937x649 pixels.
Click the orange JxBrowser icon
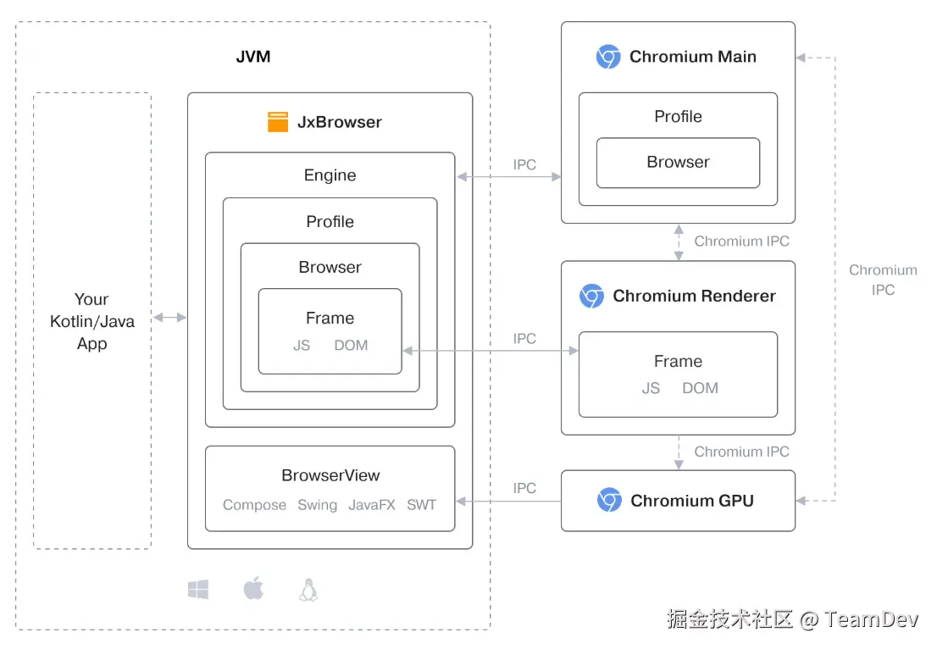coord(278,122)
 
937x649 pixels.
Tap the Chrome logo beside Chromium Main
coord(608,57)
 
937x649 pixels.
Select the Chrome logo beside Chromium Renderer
coord(591,296)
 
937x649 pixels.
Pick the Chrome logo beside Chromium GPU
coord(609,501)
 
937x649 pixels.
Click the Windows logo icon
coord(198,590)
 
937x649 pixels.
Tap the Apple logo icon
coord(253,589)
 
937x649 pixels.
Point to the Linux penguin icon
coord(308,590)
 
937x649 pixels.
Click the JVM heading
coord(252,58)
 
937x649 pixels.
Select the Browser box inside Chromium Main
coord(678,163)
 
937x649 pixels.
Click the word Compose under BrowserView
coord(254,505)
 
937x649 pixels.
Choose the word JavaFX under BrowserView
coord(372,505)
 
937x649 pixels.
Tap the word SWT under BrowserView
coord(421,505)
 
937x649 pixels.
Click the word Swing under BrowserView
coord(317,505)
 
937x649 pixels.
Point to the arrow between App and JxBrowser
coord(169,318)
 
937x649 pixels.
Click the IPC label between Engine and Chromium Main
coord(524,164)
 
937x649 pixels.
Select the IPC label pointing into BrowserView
coord(524,488)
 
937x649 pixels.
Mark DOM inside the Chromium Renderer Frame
coord(700,388)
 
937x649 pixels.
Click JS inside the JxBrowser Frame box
coord(302,345)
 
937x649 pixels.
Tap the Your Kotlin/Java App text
coord(91,321)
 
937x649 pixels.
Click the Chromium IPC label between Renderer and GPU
coord(741,452)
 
